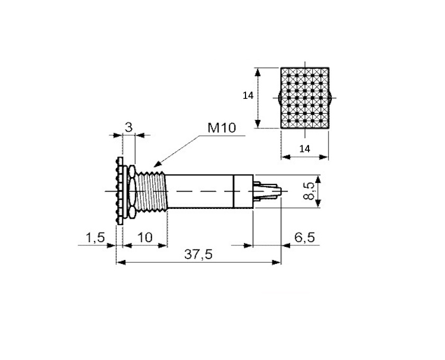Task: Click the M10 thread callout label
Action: pos(222,128)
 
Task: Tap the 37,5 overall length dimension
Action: pos(198,254)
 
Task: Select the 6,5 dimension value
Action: pos(305,237)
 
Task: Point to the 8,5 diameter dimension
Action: pos(309,191)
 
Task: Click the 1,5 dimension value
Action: pos(95,237)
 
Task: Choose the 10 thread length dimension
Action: pos(145,237)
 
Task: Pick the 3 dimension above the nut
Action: pos(129,127)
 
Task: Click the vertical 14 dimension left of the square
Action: pos(248,96)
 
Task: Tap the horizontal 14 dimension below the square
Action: pos(305,149)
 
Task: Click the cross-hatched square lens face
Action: pos(305,98)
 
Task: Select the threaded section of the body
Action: pos(151,192)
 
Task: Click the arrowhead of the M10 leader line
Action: pos(157,164)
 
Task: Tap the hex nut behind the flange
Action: pos(132,191)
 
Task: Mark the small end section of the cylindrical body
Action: pos(243,191)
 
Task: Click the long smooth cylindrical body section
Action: pos(200,191)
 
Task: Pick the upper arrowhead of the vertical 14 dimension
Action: pos(257,73)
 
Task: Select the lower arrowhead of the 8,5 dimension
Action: pos(318,202)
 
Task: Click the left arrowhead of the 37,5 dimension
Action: pos(121,263)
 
